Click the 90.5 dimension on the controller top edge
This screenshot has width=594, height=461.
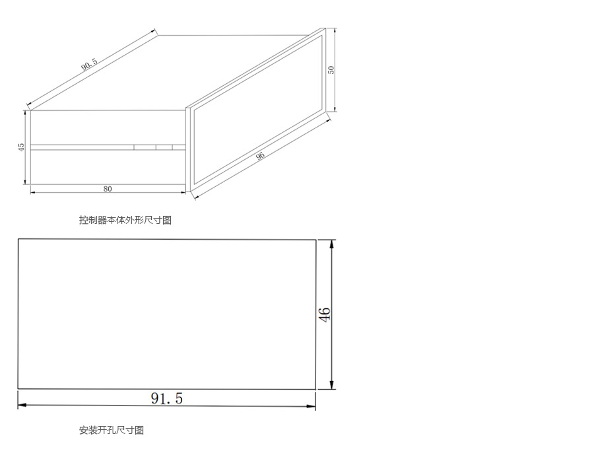tap(89, 65)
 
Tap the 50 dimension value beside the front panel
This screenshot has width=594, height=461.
tap(331, 69)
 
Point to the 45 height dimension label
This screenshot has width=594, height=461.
tap(21, 147)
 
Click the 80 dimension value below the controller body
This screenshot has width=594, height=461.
tap(108, 189)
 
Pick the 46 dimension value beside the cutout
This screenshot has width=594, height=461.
tap(324, 314)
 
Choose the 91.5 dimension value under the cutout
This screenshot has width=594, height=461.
tap(167, 398)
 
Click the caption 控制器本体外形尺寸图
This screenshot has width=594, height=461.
tap(125, 220)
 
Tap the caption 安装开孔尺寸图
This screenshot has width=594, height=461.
tap(111, 430)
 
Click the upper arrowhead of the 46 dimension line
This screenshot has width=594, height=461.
tap(331, 243)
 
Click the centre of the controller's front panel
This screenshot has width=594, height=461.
tap(258, 106)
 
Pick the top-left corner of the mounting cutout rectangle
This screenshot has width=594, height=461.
tap(18, 239)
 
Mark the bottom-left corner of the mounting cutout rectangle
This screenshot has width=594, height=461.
tap(18, 388)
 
